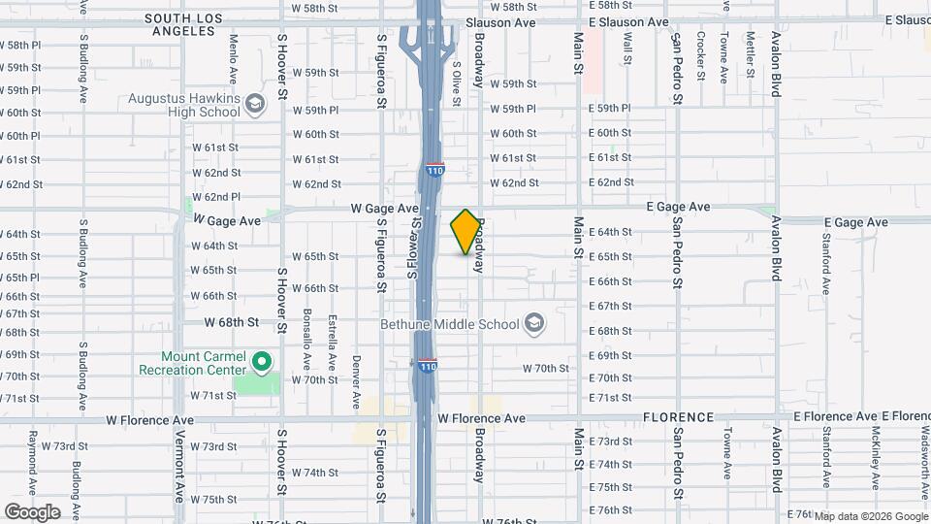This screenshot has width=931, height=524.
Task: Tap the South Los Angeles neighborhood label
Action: coord(194,24)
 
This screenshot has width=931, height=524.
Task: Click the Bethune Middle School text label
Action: coord(449,323)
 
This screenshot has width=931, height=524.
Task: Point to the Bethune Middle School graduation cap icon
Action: coord(533,323)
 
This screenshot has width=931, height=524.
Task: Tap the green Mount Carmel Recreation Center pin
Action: coord(261,363)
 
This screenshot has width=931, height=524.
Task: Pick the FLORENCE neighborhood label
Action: coord(678,417)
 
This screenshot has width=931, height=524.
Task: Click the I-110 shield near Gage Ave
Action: coord(434,171)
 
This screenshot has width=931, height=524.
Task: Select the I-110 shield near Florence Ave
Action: coord(428,366)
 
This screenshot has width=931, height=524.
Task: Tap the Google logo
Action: coord(32,511)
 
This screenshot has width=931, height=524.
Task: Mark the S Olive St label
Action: coord(456,78)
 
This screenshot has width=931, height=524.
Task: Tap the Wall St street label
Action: coord(628,49)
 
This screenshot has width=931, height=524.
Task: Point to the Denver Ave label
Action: coord(356,367)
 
